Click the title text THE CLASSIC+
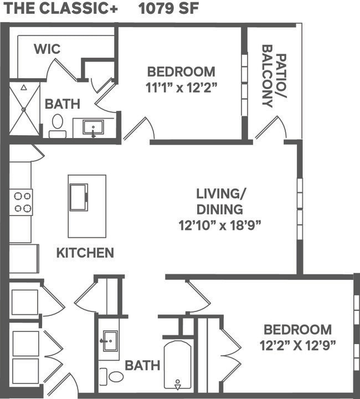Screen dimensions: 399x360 click(61, 9)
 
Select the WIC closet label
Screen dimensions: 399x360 click(47, 49)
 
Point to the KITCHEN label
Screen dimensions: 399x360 click(85, 253)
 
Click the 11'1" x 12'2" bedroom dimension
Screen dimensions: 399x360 click(181, 87)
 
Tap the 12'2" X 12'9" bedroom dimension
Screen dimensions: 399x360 click(298, 346)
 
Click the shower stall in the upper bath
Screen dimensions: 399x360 click(24, 109)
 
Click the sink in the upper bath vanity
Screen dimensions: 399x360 click(93, 127)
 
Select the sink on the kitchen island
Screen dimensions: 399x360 click(78, 197)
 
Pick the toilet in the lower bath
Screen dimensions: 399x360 click(112, 376)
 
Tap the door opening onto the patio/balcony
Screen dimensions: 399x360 click(270, 128)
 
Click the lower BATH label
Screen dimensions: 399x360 click(142, 366)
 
